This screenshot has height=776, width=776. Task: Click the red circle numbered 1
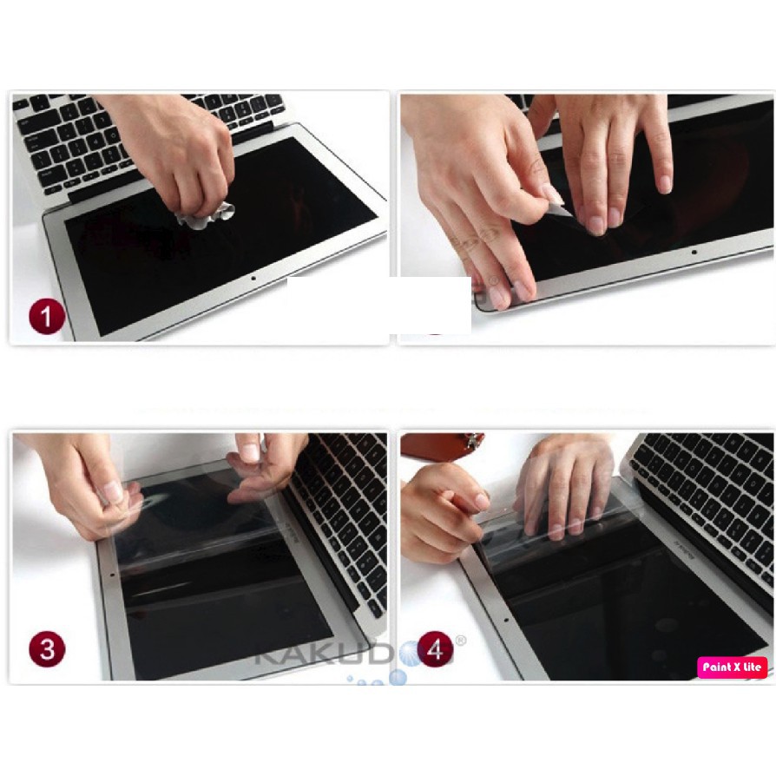(x=47, y=315)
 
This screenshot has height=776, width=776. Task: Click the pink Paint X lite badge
(x=732, y=667)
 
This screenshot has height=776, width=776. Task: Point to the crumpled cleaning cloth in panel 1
(x=206, y=214)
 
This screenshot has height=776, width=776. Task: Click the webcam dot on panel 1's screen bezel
(x=253, y=279)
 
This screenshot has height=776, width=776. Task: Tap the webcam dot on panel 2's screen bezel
(x=694, y=252)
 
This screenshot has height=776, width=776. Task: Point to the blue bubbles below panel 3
(x=382, y=678)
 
